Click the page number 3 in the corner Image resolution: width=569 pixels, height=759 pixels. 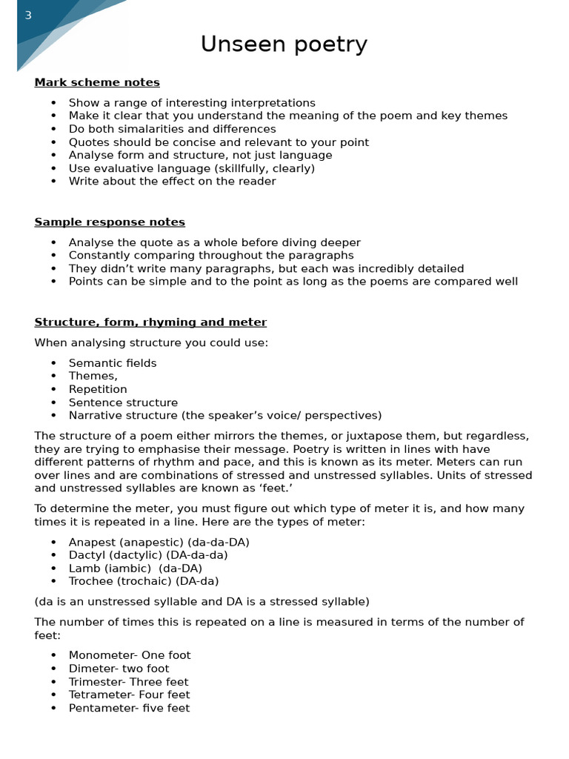(x=28, y=16)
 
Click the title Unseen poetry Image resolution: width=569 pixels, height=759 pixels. (x=284, y=45)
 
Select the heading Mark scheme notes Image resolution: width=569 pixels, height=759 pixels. (x=97, y=82)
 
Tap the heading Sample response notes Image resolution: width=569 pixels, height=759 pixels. (x=110, y=222)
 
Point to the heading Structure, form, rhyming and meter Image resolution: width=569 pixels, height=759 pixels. (x=150, y=322)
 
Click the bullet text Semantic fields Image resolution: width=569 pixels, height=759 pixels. (x=113, y=363)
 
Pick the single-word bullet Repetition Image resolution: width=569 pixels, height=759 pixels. (x=98, y=389)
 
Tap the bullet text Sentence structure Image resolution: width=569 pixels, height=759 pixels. (x=123, y=402)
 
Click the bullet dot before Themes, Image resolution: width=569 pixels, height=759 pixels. (x=53, y=377)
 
